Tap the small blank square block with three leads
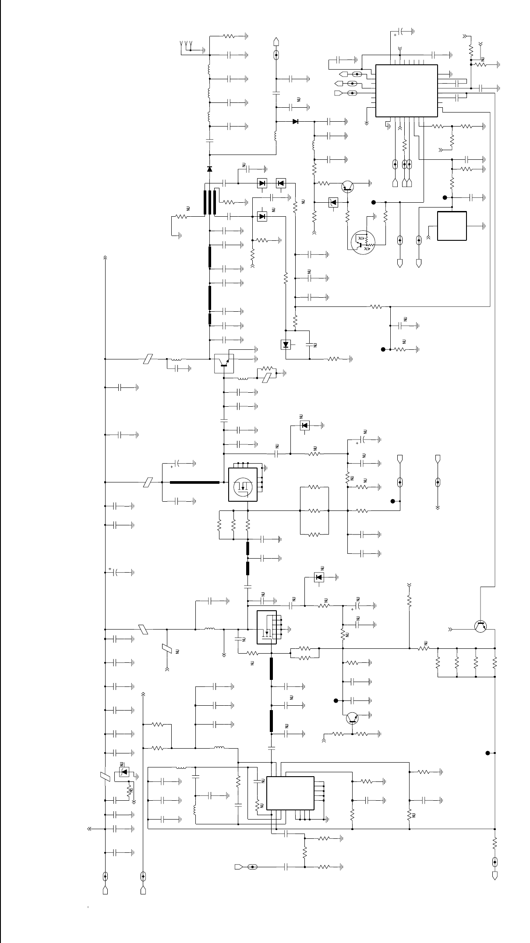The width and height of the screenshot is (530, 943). [452, 226]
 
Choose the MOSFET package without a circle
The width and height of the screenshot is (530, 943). [266, 627]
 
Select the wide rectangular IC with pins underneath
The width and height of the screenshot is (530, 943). [290, 793]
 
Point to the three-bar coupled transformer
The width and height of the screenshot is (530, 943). [210, 202]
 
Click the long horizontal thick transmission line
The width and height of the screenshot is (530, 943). [194, 482]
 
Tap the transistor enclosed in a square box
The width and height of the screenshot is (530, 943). [224, 363]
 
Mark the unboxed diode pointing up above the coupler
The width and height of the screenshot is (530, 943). [210, 169]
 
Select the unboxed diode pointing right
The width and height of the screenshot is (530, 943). [295, 121]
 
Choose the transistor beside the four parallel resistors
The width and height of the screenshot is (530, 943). [481, 626]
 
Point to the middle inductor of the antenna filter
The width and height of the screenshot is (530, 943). [209, 93]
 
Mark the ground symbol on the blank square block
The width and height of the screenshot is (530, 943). [484, 226]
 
